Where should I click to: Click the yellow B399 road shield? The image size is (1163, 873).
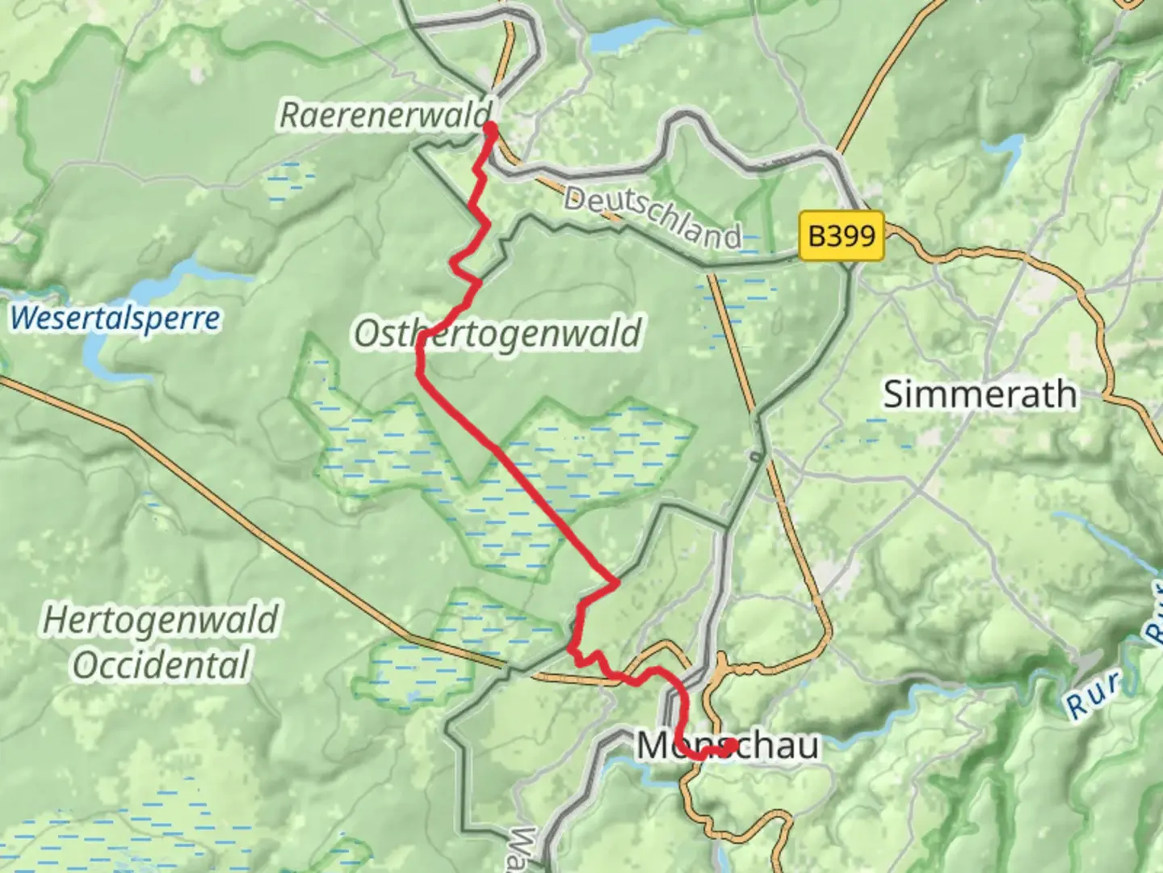coord(842,236)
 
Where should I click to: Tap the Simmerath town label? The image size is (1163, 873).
coord(980,394)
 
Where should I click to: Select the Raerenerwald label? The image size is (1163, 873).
coord(385,114)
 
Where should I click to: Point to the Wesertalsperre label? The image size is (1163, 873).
coord(115,318)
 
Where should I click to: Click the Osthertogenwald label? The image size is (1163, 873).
coord(498,333)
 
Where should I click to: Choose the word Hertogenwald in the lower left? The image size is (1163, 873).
coord(160,621)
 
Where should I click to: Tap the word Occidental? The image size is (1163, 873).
coord(160,665)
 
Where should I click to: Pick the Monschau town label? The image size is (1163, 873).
coord(727,745)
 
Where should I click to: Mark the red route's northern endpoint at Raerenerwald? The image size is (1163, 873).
coord(489,125)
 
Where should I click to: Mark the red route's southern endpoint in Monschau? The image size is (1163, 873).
coord(730,745)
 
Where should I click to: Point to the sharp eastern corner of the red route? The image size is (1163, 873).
coord(617,582)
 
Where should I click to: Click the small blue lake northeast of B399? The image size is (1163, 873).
coord(1004,150)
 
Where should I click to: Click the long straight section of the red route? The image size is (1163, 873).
coord(517,477)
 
